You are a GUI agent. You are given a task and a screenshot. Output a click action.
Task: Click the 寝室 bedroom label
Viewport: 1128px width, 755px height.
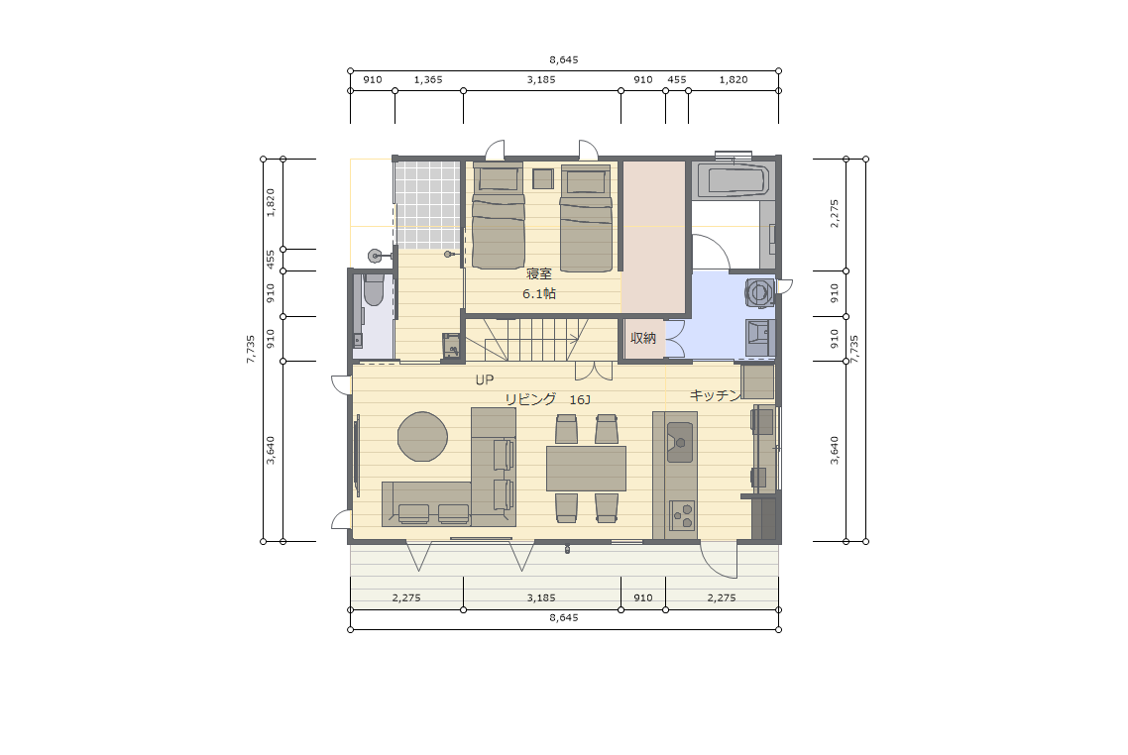coord(539,273)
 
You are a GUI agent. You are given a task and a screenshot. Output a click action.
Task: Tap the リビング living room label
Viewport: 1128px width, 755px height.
coord(530,399)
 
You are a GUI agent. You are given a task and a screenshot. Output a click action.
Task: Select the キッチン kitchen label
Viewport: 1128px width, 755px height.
coord(715,394)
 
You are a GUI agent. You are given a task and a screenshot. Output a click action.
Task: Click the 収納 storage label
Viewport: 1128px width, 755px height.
coord(643,338)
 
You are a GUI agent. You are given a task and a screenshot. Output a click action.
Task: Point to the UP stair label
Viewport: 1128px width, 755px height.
coord(484,379)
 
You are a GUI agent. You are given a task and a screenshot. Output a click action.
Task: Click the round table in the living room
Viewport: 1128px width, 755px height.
coord(423,437)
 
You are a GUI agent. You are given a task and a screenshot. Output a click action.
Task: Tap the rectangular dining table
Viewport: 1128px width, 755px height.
coord(586,468)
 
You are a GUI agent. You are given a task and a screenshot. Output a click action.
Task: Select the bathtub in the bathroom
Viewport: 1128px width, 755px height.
coord(733,179)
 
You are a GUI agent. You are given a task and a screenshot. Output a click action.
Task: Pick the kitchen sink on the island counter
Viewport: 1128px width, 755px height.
coord(680,442)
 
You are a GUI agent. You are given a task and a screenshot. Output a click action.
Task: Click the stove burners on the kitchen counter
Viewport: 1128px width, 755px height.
coord(682,515)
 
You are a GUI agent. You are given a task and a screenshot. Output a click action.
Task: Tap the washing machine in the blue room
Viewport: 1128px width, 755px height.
coord(759,292)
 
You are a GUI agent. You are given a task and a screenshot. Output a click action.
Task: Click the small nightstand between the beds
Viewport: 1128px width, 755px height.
coord(542,178)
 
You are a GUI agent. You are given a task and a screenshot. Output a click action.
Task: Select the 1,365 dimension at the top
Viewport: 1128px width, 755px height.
coord(428,80)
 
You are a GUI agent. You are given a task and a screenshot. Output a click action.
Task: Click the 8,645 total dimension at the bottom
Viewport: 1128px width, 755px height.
coord(564,617)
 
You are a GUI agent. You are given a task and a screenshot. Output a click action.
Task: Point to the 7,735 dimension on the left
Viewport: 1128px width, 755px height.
coord(251,349)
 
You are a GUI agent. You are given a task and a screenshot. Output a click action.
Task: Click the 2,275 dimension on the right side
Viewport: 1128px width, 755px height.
coord(835,214)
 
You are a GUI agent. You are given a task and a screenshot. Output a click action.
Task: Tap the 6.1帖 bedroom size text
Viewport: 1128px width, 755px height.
coord(539,293)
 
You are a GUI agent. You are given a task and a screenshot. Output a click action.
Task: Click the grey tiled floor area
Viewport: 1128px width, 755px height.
coord(427,205)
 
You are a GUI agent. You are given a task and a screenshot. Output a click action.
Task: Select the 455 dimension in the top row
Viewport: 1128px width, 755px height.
coord(677,80)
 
